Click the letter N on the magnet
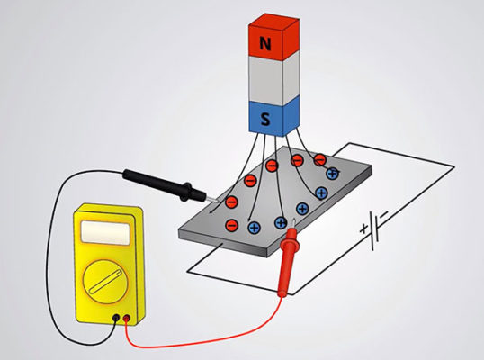(x=265, y=43)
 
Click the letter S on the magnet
(x=265, y=119)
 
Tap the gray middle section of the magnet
(x=273, y=77)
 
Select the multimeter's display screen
(x=105, y=233)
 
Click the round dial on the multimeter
(x=105, y=282)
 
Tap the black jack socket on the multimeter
(x=116, y=318)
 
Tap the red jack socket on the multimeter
(x=127, y=319)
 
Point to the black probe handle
(x=164, y=185)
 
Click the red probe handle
(x=288, y=263)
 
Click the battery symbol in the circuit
(x=374, y=229)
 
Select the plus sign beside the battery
(x=364, y=229)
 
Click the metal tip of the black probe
(x=212, y=200)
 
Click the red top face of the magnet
(x=273, y=21)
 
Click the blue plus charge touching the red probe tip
(x=281, y=222)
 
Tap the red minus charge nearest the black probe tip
(x=231, y=202)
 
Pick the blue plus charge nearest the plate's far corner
(x=333, y=174)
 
